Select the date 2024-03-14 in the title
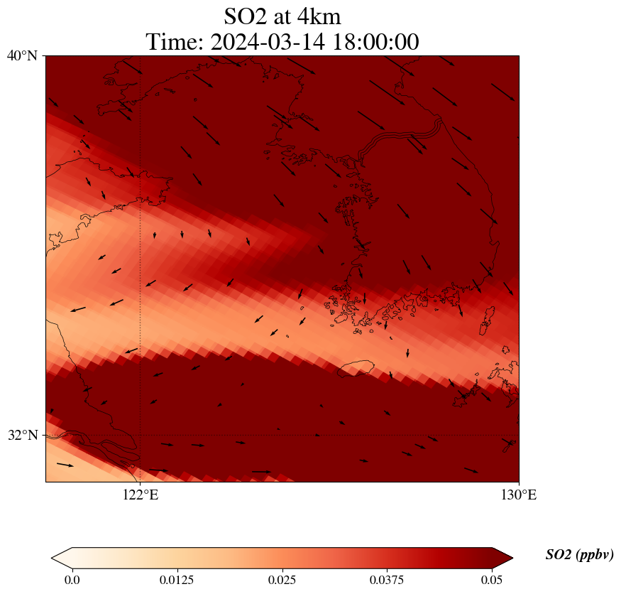point(266,42)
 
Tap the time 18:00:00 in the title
point(373,42)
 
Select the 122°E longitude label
point(141,495)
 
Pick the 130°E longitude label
point(519,495)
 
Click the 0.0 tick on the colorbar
point(72,580)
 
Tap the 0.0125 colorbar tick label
point(177,580)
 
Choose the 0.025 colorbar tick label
point(282,580)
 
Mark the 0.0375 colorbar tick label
point(388,580)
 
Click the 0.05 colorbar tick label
point(493,580)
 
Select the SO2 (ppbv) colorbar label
point(579,555)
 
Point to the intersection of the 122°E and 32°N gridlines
point(141,435)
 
